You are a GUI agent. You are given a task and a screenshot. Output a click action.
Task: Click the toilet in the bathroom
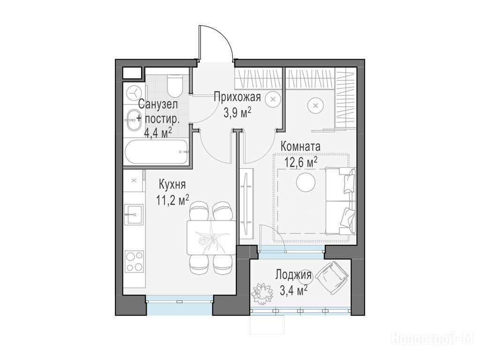pos(175,84)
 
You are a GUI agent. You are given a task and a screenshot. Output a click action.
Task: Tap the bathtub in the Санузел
pos(156,152)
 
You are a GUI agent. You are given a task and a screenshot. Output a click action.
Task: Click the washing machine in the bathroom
pos(134,92)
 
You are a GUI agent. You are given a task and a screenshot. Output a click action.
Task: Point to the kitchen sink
pos(133,215)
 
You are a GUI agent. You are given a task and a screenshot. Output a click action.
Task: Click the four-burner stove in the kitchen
pos(135,261)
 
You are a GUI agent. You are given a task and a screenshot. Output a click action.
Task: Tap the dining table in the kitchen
pos(211,238)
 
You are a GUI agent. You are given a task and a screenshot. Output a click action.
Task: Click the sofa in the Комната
pos(341,201)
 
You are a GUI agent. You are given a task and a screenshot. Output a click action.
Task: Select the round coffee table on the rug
pos(306,183)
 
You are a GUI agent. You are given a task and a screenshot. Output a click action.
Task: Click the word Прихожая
pos(237,97)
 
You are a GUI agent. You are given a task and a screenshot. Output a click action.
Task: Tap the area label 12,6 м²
pos(301,162)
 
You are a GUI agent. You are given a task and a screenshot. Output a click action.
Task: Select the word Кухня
pos(172,185)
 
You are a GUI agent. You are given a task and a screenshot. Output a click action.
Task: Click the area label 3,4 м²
pos(293,290)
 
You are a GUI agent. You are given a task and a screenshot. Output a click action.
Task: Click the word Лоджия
pos(293,274)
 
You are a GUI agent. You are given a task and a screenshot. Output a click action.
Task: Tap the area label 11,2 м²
pos(172,200)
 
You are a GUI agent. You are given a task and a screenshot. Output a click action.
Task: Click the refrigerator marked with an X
pos(134,180)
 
